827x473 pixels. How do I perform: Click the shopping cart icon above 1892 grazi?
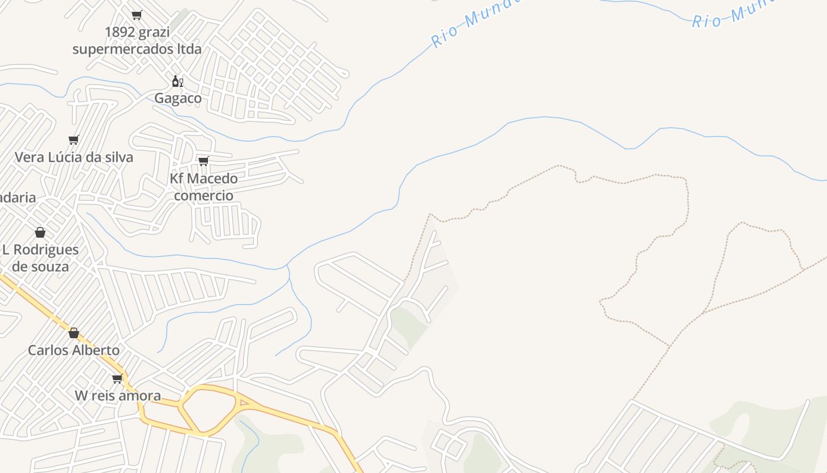(136, 15)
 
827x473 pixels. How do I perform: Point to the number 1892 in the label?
(120, 32)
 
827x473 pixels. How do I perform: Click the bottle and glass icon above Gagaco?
(177, 81)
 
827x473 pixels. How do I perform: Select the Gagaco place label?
(178, 98)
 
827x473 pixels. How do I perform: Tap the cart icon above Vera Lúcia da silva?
(73, 140)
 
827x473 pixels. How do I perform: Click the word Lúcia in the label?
(69, 157)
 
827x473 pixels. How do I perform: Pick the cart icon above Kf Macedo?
(204, 161)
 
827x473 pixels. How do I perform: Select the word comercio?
(203, 196)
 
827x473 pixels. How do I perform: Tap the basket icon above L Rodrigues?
(40, 232)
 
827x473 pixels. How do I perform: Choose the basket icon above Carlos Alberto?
(74, 333)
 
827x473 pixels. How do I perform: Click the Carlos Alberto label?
(74, 350)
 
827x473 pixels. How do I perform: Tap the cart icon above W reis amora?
(117, 378)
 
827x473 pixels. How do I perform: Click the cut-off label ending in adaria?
(17, 197)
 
